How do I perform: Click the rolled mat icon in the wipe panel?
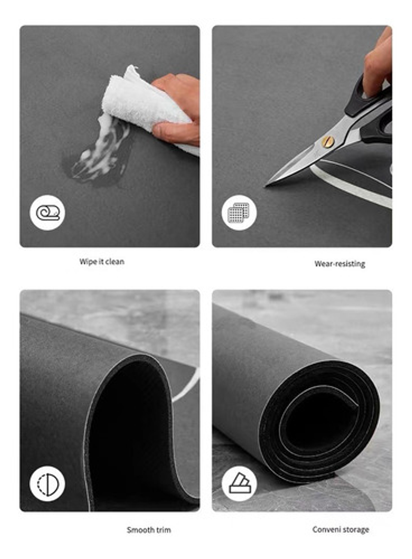(48, 213)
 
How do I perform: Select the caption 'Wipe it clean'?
(102, 261)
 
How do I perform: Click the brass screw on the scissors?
(328, 141)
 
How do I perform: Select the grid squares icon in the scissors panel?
(239, 213)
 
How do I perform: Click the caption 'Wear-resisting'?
(339, 264)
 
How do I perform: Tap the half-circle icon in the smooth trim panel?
(48, 484)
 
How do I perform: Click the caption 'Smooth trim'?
(148, 530)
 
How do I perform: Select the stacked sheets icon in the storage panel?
(239, 484)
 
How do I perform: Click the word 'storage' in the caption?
(355, 529)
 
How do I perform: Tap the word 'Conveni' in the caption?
(326, 529)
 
